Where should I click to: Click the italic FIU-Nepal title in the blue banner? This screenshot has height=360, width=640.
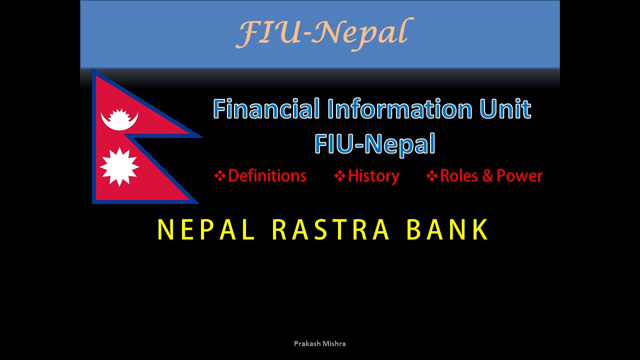[x=323, y=33]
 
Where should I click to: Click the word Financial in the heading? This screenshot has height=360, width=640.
[x=266, y=109]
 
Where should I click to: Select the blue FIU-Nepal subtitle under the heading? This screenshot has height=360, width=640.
[x=375, y=144]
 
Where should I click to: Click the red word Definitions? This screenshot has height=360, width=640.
[x=267, y=176]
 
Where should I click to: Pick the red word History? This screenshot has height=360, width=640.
[x=373, y=176]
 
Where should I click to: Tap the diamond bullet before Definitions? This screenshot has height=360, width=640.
[x=219, y=176]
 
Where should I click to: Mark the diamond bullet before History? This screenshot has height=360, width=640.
[x=340, y=176]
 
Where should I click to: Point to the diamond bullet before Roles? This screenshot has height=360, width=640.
[x=431, y=176]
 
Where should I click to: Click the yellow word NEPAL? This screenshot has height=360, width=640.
[x=206, y=230]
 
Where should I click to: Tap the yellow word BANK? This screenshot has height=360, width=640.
[x=447, y=230]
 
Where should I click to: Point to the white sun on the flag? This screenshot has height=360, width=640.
[x=119, y=167]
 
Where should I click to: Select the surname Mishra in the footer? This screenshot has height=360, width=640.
[x=334, y=344]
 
